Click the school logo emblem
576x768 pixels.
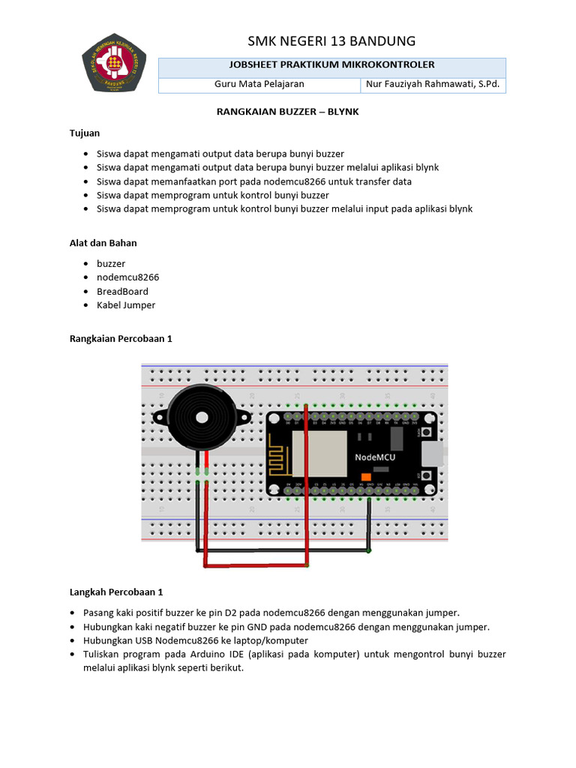point(114,63)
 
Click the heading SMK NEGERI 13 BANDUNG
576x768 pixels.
point(331,40)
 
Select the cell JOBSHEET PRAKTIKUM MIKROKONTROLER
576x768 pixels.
point(331,65)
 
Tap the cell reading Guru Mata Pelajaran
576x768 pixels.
point(259,84)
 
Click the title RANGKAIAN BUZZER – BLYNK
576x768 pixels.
point(289,112)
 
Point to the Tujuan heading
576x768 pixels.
point(84,133)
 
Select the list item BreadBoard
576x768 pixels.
point(122,291)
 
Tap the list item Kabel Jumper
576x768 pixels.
point(126,305)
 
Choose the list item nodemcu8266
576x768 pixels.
point(127,277)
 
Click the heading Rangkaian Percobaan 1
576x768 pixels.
point(121,339)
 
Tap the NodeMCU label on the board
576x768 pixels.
point(375,457)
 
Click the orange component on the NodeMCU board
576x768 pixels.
point(366,477)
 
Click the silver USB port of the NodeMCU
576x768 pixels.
point(432,454)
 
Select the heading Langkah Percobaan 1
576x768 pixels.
point(116,592)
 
